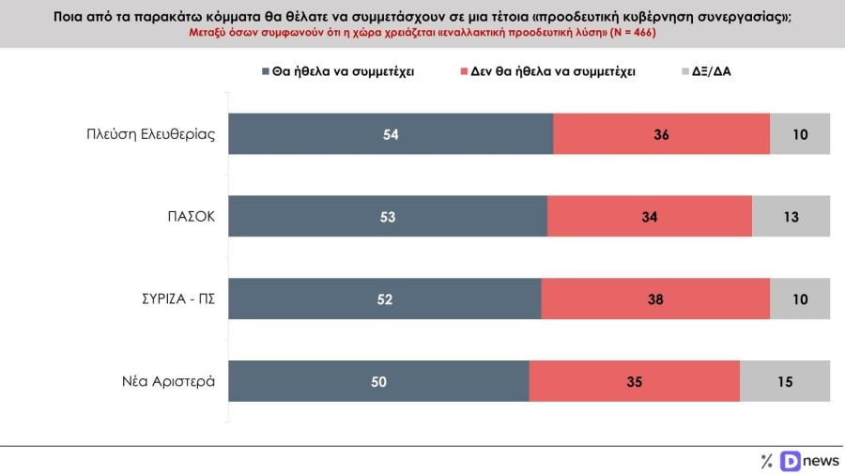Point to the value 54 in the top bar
pos(392,134)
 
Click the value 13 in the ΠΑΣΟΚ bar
pos(791,217)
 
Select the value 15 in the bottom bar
pos(785,381)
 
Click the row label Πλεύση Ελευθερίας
pos(151,133)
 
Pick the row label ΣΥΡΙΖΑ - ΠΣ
pos(173,299)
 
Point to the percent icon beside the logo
pos(766,460)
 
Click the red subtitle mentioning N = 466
pos(422,33)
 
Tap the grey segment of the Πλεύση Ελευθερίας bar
pos(800,133)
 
